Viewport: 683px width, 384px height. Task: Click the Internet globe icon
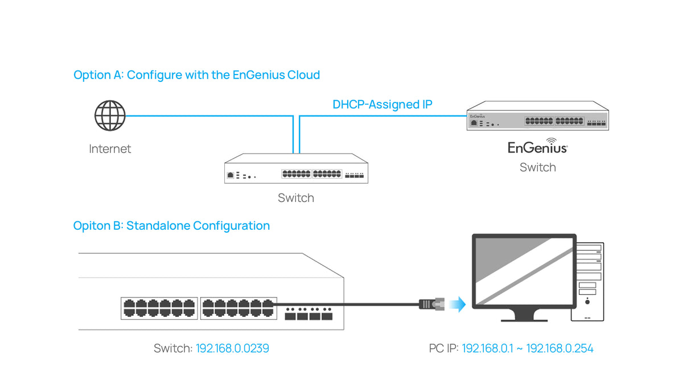click(x=109, y=116)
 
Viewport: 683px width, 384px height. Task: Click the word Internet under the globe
click(x=110, y=149)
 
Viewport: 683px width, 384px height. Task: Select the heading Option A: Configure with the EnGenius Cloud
click(x=196, y=75)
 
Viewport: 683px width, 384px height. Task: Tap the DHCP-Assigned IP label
click(x=382, y=105)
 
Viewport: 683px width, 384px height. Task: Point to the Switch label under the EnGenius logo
click(x=537, y=167)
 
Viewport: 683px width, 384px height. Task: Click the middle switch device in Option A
click(x=295, y=169)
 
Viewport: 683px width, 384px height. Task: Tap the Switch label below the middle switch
click(x=295, y=198)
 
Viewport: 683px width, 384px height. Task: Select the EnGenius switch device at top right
click(x=537, y=117)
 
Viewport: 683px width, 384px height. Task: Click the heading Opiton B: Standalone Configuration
click(x=171, y=226)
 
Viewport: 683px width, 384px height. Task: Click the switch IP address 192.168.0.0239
click(x=232, y=348)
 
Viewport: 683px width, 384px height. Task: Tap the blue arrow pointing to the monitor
click(x=456, y=304)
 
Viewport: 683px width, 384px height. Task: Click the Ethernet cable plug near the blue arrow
click(x=430, y=304)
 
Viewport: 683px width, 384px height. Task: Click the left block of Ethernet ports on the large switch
click(x=159, y=308)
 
